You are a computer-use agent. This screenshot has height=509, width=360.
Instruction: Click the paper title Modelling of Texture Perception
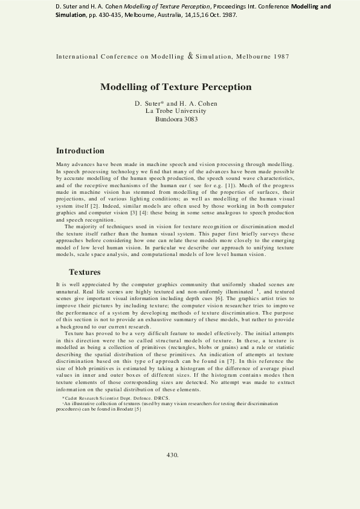(x=176, y=87)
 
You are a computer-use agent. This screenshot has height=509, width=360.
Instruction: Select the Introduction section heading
(x=80, y=150)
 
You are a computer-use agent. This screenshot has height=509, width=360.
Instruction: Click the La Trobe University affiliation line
(x=176, y=111)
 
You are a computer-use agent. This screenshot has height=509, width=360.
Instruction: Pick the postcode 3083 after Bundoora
(x=188, y=119)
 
